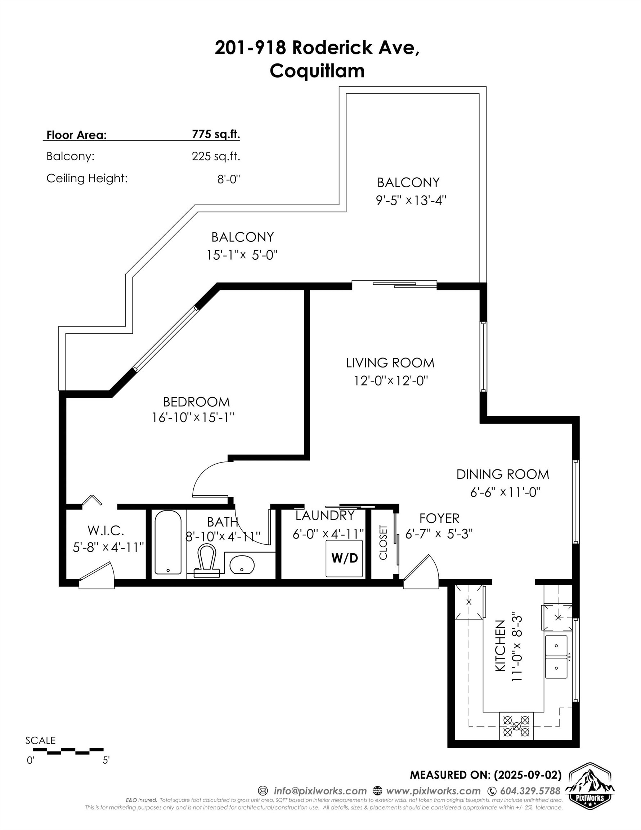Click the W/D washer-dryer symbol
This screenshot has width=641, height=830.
(344, 558)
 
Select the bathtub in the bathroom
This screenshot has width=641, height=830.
(168, 542)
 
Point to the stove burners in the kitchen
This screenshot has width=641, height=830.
(516, 726)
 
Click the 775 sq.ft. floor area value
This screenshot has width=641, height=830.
(216, 134)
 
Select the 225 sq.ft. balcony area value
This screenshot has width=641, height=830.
(216, 156)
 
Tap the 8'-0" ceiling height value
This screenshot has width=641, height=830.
(229, 179)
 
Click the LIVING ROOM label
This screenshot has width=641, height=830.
(390, 363)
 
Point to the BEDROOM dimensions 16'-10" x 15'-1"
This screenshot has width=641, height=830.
(193, 418)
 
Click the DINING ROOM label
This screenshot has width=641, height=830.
(502, 474)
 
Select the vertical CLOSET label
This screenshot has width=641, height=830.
(383, 542)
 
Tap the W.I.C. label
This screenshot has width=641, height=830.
(106, 530)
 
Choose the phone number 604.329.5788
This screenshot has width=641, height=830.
(530, 791)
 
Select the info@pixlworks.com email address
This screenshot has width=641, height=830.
(320, 791)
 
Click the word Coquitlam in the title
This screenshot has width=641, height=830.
(317, 71)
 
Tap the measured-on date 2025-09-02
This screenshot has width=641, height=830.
(528, 775)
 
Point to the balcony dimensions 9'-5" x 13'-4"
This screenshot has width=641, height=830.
(411, 200)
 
